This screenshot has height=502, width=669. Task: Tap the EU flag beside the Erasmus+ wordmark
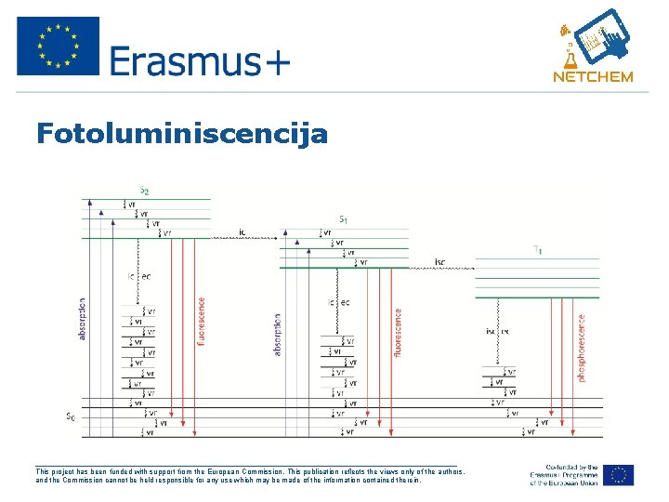point(58,46)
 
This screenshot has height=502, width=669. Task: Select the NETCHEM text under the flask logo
point(593,77)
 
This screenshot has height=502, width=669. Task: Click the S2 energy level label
point(144,191)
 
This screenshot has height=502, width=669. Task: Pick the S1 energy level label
point(343,219)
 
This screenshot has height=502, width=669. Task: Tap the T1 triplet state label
point(538,249)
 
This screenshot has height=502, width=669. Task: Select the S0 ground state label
point(70,416)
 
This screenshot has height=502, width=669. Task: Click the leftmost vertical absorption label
point(83,318)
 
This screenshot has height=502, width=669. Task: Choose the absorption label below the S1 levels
point(278,334)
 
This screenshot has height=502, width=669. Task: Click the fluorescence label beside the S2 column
point(201,322)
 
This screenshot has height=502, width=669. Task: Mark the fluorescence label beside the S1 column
point(399,333)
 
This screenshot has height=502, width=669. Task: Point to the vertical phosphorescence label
point(583,347)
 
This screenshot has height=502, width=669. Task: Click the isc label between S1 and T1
point(439,262)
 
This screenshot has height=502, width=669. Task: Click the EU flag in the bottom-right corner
point(617,474)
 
